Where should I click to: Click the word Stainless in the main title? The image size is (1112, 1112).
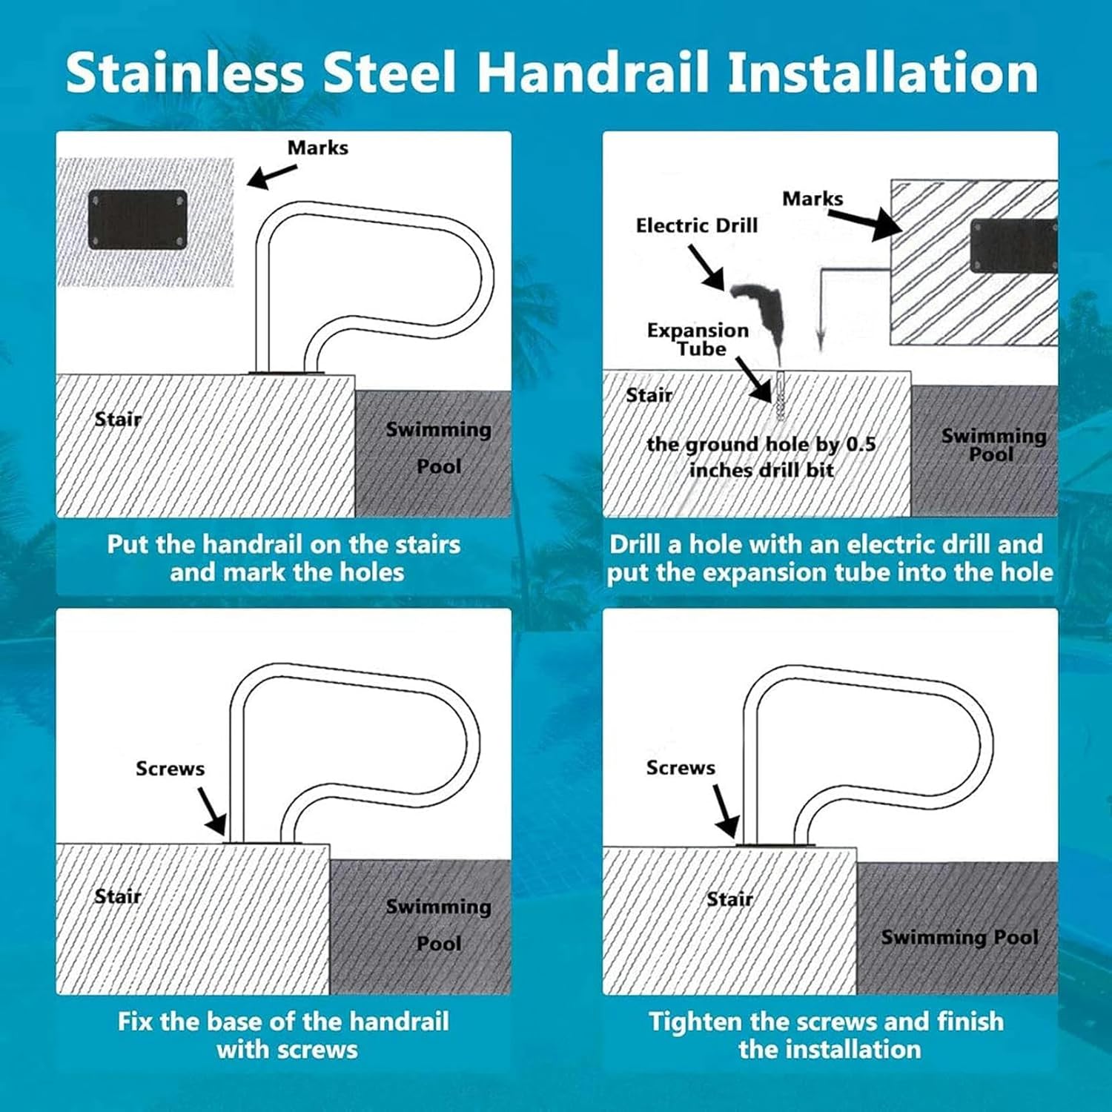pos(185,73)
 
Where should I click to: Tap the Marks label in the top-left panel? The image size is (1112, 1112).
pos(317,148)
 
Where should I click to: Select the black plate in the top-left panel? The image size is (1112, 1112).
pos(138,219)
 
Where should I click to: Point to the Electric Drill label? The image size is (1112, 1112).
pos(696,225)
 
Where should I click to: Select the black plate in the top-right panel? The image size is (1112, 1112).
pos(1013,246)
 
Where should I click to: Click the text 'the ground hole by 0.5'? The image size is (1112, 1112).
pos(761,444)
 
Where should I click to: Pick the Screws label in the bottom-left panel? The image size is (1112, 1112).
pos(170,768)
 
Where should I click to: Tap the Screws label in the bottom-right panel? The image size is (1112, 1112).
pos(681,767)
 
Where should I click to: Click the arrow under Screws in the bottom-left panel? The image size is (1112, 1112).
pos(212,811)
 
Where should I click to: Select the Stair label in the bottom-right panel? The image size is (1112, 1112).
pos(729,899)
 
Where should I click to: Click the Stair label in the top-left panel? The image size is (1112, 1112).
pos(118,419)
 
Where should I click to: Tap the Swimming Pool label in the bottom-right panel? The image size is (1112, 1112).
pos(959,937)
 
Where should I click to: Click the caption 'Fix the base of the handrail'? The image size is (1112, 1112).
pos(283,1022)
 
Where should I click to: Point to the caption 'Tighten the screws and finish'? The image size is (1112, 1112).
pos(826,1022)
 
